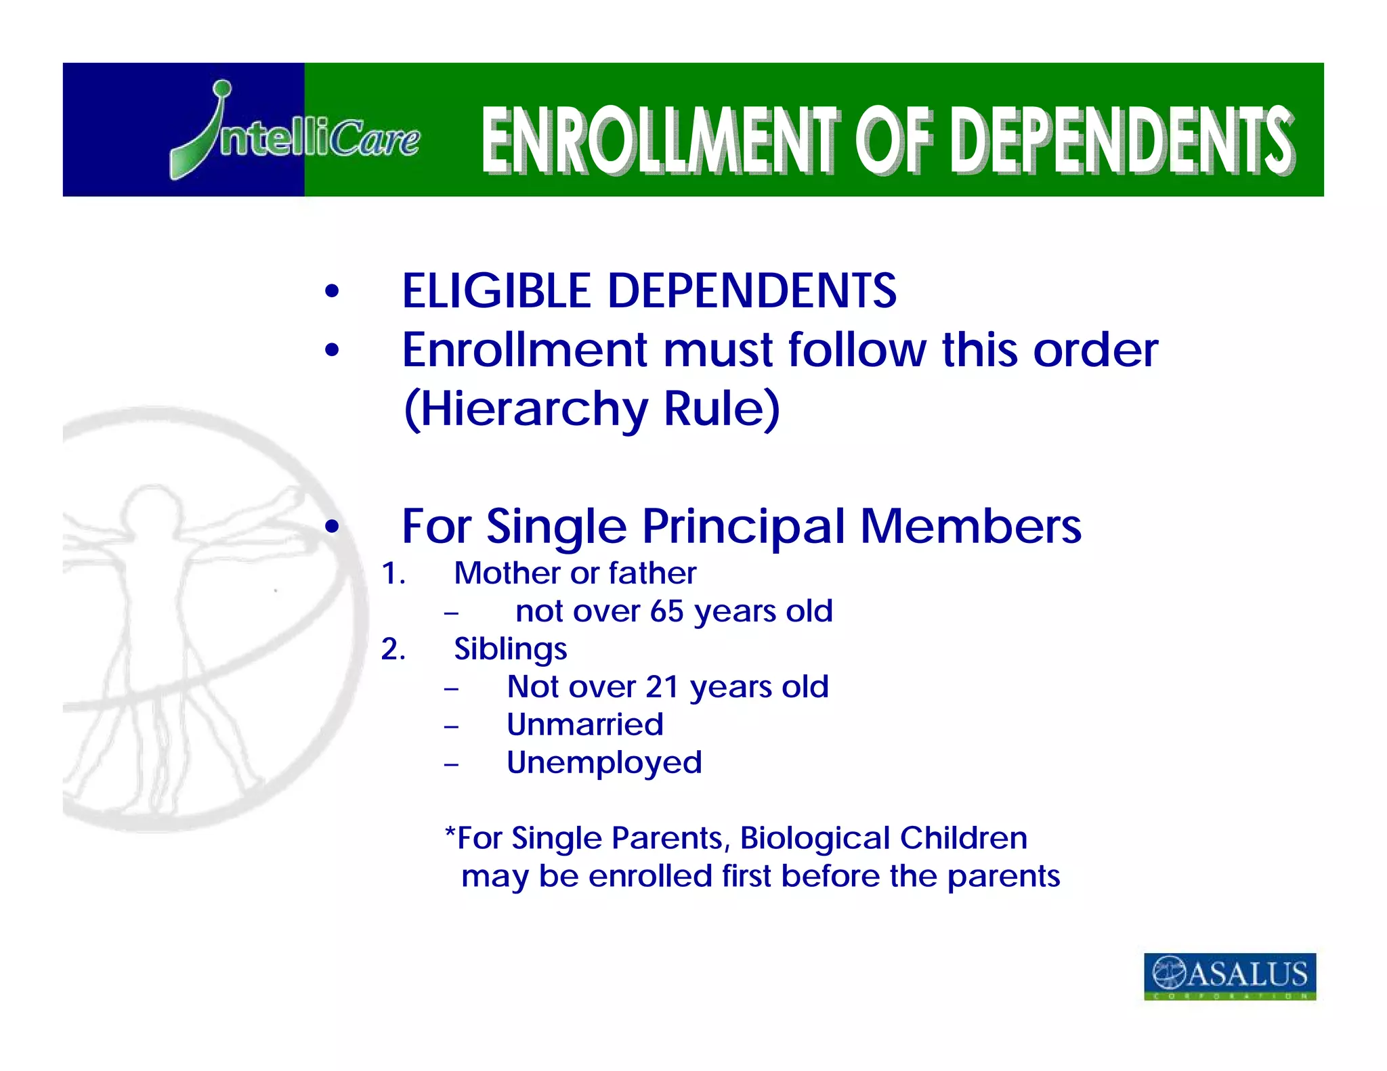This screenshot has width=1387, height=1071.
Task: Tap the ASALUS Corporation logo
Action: tap(1229, 976)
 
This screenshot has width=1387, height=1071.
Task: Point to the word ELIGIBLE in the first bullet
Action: tap(498, 291)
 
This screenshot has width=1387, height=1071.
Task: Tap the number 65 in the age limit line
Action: tap(667, 611)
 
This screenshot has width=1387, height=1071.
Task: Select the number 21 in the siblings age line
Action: tap(662, 687)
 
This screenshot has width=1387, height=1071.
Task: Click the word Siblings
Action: tap(510, 649)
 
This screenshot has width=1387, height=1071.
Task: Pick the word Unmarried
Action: tap(584, 725)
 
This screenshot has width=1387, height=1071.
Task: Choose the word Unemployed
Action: tap(604, 763)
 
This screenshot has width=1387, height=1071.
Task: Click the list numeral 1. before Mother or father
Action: tap(393, 574)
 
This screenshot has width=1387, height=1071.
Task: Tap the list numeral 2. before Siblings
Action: tap(393, 650)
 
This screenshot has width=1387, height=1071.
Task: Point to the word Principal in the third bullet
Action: tap(744, 527)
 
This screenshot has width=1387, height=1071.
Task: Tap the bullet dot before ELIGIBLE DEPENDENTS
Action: tap(331, 292)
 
